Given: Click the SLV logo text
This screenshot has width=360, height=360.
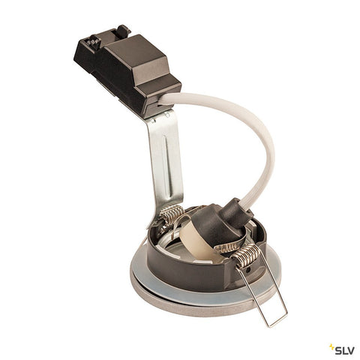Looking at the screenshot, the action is (x=344, y=350).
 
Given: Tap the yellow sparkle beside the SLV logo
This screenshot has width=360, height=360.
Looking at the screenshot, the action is (x=332, y=347).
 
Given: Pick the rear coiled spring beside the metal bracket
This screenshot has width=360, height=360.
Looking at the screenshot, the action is (x=172, y=214).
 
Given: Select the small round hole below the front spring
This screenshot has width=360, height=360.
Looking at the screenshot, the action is (x=247, y=271).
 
